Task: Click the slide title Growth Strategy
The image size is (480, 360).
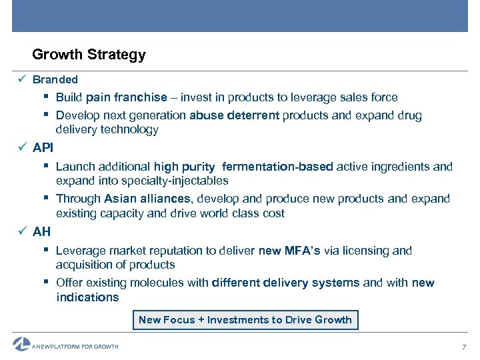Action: [89, 55]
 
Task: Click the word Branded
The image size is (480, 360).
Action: [55, 79]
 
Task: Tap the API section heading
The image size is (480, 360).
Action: [43, 147]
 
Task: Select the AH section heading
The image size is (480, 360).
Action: [41, 232]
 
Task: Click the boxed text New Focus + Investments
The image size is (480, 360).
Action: [245, 320]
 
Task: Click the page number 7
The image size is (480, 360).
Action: [464, 347]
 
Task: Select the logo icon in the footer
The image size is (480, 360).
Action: [21, 344]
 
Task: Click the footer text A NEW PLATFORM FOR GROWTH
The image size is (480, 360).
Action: [76, 347]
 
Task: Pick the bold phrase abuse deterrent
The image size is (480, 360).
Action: [234, 115]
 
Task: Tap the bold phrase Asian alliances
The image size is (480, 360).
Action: [147, 199]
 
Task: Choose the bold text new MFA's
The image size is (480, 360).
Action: [289, 251]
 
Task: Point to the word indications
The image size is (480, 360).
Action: [87, 297]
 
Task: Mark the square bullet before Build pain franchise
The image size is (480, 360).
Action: [49, 97]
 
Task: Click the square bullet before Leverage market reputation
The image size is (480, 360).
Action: [49, 251]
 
